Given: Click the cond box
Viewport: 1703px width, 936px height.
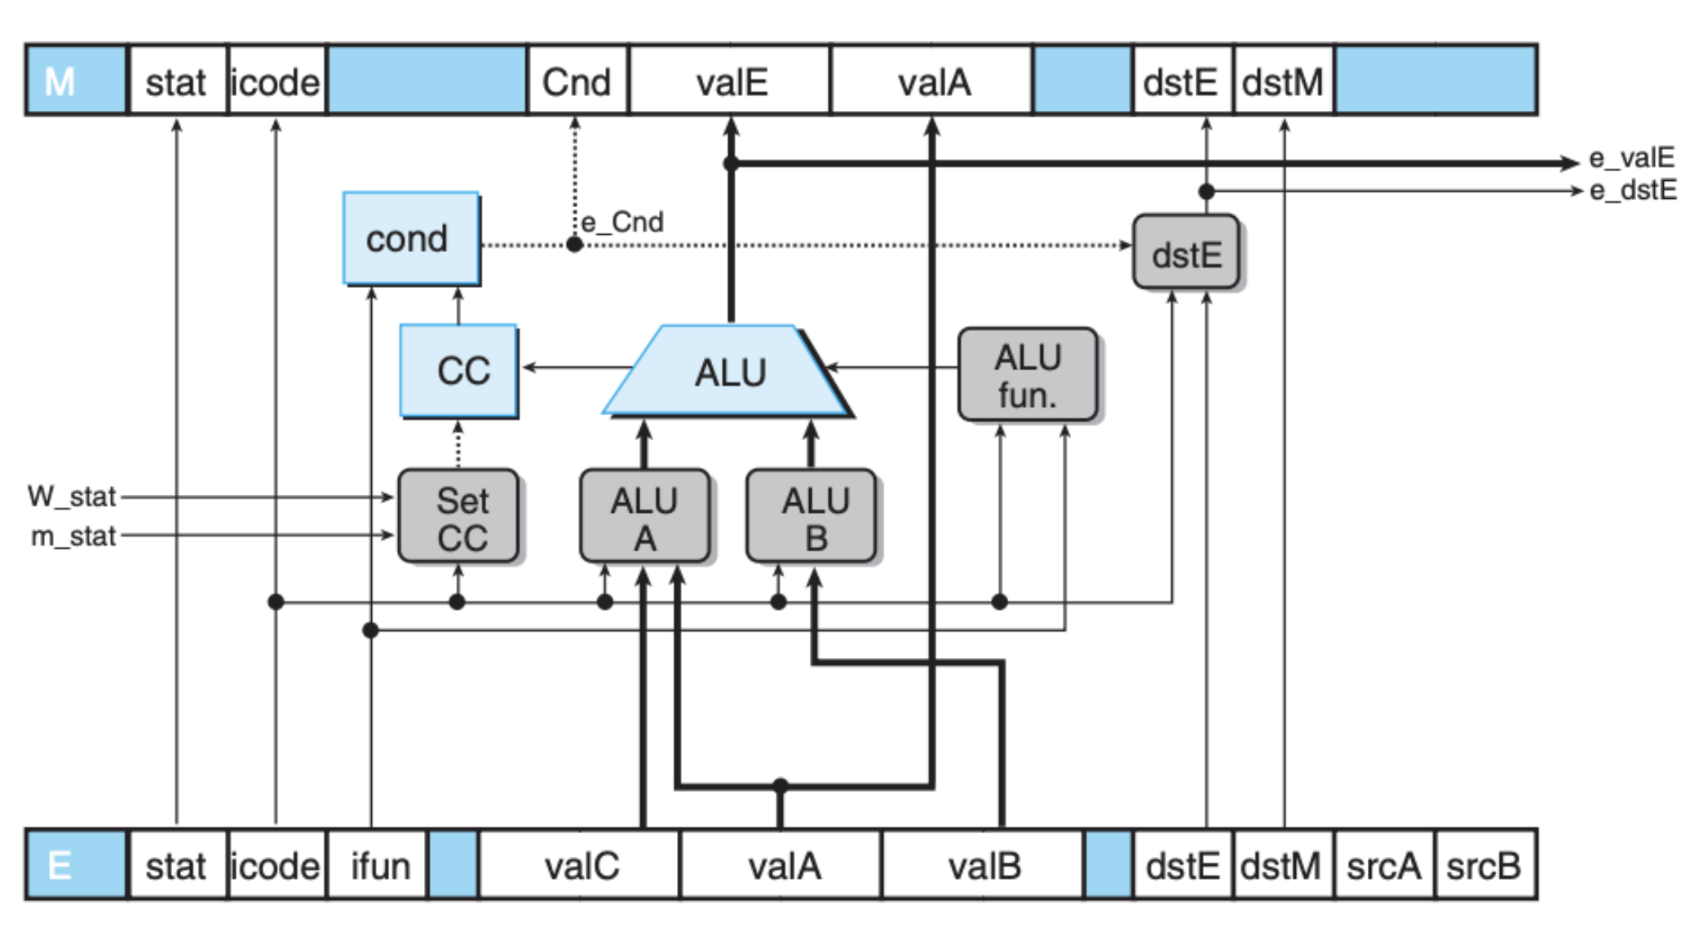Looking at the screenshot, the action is [411, 238].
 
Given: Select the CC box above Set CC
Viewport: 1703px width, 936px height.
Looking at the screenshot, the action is [459, 371].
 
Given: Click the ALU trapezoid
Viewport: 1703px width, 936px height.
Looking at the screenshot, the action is [728, 371].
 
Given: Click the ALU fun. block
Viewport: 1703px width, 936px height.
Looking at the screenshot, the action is [1028, 375].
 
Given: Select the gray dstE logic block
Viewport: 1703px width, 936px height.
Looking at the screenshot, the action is [1187, 252].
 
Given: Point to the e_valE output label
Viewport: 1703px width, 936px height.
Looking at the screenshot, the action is [1631, 157].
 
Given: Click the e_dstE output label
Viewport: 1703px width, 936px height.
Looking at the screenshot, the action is [1633, 190].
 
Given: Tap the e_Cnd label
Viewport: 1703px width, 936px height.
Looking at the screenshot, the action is [621, 222].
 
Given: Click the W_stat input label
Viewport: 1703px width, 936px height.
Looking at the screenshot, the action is [72, 496].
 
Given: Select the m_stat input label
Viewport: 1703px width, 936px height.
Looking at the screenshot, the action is [73, 536].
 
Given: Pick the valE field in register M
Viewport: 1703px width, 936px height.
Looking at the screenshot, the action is [730, 81].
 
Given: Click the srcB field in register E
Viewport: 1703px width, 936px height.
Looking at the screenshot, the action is [1484, 865].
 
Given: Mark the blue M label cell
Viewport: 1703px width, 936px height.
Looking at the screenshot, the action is [76, 81].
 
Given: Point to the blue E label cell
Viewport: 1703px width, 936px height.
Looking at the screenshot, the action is [76, 865].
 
